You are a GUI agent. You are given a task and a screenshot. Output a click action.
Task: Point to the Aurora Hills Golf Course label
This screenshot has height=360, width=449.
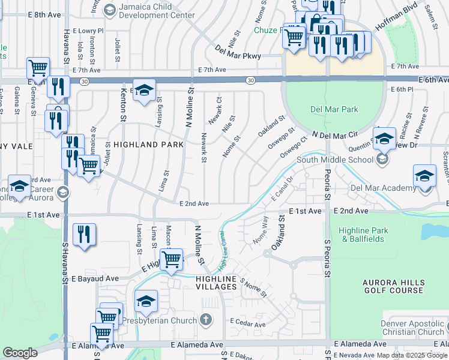(x=393, y=286)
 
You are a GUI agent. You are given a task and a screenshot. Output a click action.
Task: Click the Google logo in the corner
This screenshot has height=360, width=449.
(x=20, y=353)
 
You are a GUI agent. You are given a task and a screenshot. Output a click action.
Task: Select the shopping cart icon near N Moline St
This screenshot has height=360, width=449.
(x=172, y=259)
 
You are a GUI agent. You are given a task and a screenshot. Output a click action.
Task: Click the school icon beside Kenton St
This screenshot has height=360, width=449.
(x=144, y=91)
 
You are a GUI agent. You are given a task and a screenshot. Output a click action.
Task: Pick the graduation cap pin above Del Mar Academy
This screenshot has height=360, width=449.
(x=424, y=176)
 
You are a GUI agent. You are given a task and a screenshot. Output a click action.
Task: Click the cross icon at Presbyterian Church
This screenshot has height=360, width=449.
(x=206, y=320)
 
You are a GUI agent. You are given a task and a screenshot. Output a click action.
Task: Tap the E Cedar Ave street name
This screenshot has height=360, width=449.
(x=248, y=324)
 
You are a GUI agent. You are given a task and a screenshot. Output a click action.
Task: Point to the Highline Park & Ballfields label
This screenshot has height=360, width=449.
(x=363, y=235)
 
